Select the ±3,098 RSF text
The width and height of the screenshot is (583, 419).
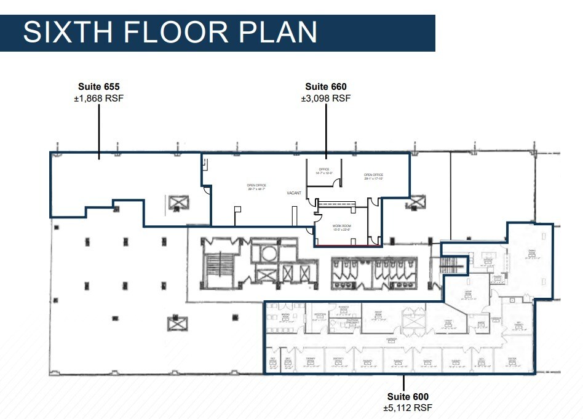[326, 98]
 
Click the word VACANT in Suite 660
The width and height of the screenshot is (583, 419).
[294, 193]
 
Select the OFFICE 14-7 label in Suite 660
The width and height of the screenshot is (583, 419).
[324, 171]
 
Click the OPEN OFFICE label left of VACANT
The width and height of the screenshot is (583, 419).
[256, 187]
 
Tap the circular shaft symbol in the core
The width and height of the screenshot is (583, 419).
[269, 253]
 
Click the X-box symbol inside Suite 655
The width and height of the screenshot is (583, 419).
[176, 202]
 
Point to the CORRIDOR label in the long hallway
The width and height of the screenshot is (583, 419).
[391, 340]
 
